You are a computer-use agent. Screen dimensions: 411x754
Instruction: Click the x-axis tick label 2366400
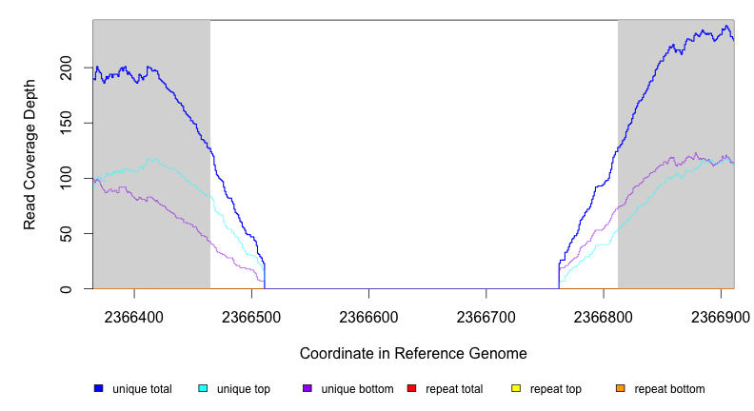[134, 315]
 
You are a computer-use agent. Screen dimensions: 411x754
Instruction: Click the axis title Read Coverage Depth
[30, 154]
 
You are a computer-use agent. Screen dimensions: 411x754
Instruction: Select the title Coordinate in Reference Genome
[413, 353]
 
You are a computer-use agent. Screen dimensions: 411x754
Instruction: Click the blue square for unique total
[98, 388]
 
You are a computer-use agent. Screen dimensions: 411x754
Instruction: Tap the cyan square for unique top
[203, 388]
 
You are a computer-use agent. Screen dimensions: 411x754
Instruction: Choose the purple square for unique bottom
[307, 388]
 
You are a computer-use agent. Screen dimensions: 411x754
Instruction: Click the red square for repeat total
[411, 388]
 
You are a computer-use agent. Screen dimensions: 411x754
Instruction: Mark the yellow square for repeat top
[516, 388]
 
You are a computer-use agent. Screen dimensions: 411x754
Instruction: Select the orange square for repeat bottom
[620, 388]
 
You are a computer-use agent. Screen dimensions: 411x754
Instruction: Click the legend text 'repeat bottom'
[669, 389]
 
